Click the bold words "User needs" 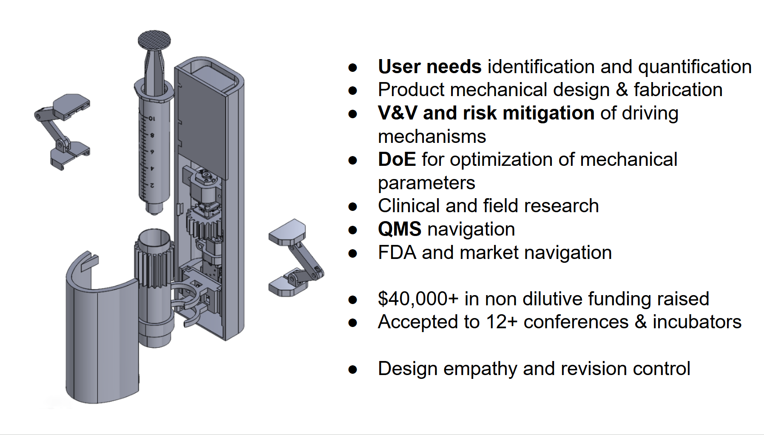(429, 67)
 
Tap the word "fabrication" (678, 90)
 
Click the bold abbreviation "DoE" (397, 159)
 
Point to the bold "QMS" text (400, 229)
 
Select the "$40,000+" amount (418, 299)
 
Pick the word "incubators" (697, 322)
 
